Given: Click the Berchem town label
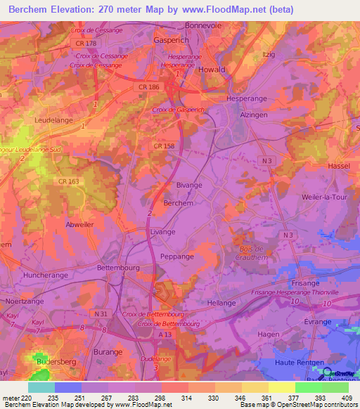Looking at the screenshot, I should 178,202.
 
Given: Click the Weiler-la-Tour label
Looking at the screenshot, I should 327,199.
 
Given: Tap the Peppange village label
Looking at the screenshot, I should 177,257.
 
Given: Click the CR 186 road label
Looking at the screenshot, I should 145,85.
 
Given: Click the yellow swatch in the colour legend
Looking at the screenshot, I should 282,387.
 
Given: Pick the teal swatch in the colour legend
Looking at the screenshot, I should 41,387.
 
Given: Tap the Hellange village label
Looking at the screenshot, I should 221,302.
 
